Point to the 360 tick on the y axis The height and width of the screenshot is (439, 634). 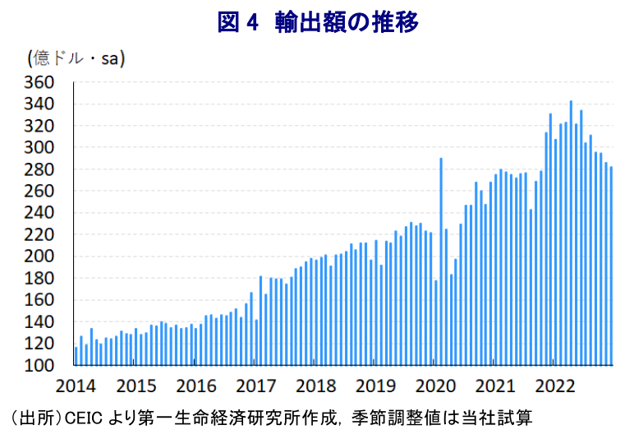point(39,82)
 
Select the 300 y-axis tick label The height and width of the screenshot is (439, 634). point(39,147)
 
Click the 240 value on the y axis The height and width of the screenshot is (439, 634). point(39,212)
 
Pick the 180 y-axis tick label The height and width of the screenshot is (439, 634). point(39,278)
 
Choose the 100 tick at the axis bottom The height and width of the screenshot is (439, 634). point(39,365)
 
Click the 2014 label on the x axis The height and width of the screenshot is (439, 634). point(76,385)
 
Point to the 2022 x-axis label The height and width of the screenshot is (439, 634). point(554,385)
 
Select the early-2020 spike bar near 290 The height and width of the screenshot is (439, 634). point(441,261)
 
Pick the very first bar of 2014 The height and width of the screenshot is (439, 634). point(76,356)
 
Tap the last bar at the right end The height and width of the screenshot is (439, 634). point(611,266)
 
